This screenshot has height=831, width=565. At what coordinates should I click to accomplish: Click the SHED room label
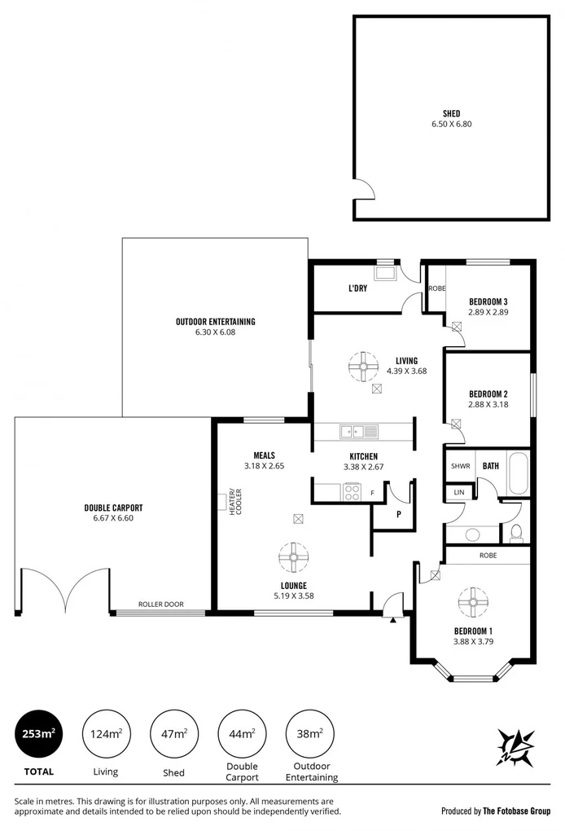point(451,113)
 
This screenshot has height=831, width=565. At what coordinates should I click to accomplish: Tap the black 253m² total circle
point(38,734)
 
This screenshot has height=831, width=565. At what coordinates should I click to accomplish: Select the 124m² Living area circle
point(106,734)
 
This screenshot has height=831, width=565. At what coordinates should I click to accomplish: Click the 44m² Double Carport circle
point(242,734)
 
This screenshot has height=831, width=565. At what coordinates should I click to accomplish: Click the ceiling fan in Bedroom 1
point(471,601)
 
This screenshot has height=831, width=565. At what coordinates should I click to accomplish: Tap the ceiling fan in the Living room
point(361,367)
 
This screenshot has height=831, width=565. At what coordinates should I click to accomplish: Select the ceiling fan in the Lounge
point(293,558)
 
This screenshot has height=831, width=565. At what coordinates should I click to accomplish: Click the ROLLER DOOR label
point(160,605)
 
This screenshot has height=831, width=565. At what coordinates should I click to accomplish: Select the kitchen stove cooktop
point(353,491)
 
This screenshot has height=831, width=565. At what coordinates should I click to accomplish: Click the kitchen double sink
point(359,431)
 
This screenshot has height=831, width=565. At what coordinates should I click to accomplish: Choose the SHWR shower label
point(460,466)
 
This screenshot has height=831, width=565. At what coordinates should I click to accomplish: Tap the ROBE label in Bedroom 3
point(436,288)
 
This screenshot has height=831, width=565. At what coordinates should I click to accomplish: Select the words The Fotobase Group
point(517,811)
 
